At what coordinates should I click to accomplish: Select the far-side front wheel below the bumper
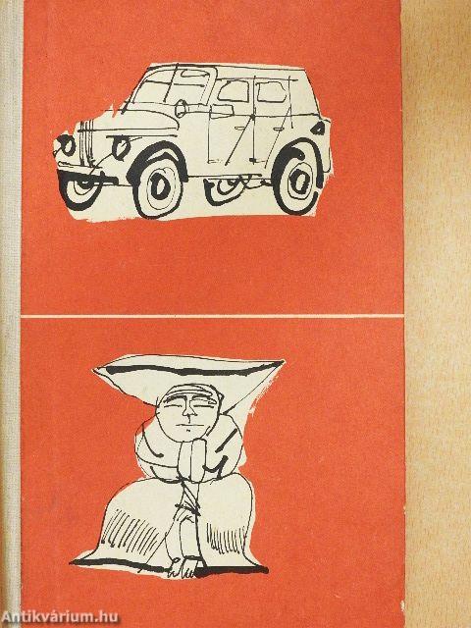pyautogui.click(x=80, y=187)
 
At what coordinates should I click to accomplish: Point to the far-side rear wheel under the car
pyautogui.click(x=225, y=189)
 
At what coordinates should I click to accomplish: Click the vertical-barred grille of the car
pyautogui.click(x=86, y=141)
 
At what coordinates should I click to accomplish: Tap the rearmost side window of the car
pyautogui.click(x=273, y=92)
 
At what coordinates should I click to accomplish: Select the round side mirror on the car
pyautogui.click(x=181, y=108)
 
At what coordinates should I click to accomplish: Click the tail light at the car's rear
pyautogui.click(x=318, y=129)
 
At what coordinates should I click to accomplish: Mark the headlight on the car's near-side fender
pyautogui.click(x=120, y=146)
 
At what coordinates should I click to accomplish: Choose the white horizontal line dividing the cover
pyautogui.click(x=212, y=316)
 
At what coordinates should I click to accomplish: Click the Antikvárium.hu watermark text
pyautogui.click(x=60, y=616)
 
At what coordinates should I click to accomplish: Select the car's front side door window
pyautogui.click(x=234, y=90)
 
